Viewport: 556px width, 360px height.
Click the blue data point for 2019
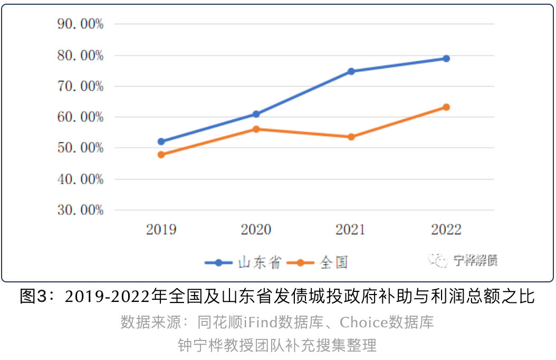pyautogui.click(x=161, y=141)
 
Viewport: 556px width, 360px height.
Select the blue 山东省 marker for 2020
pyautogui.click(x=256, y=114)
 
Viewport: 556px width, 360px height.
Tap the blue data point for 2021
pyautogui.click(x=351, y=71)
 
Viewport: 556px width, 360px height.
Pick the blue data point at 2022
pyautogui.click(x=446, y=59)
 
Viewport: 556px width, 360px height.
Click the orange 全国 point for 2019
pyautogui.click(x=161, y=155)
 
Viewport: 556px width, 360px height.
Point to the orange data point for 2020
pyautogui.click(x=256, y=129)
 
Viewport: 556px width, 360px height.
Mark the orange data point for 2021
pyautogui.click(x=351, y=137)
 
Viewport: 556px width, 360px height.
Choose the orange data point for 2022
pyautogui.click(x=446, y=107)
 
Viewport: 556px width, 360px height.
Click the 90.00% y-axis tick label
pyautogui.click(x=80, y=24)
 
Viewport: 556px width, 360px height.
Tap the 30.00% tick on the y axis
pyautogui.click(x=80, y=210)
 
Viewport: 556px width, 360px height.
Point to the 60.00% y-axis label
pyautogui.click(x=80, y=117)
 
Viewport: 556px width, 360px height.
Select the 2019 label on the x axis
pyautogui.click(x=161, y=230)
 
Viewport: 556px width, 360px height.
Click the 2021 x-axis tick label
pyautogui.click(x=351, y=230)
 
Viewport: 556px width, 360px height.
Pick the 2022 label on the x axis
pyautogui.click(x=446, y=230)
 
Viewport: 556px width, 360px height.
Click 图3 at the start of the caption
pyautogui.click(x=33, y=297)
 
